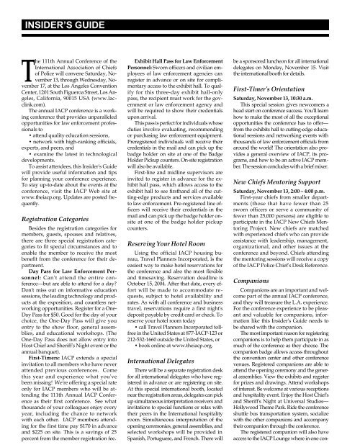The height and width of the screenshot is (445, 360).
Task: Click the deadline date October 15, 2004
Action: [x=152, y=278]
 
